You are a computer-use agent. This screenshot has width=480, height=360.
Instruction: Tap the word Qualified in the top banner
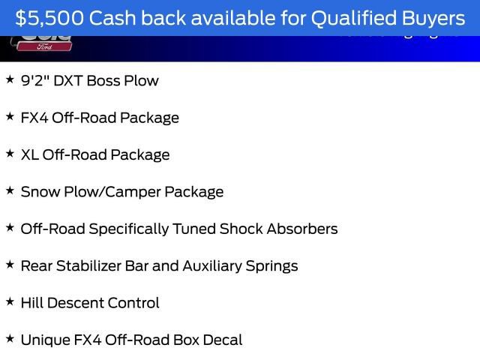tap(349, 17)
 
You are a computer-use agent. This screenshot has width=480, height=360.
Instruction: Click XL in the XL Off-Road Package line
tap(29, 154)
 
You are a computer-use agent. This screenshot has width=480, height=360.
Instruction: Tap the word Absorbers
tap(305, 229)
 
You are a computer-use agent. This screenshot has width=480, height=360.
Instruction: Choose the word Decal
tap(222, 340)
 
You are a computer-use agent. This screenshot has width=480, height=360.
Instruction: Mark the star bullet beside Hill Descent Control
tap(10, 301)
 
